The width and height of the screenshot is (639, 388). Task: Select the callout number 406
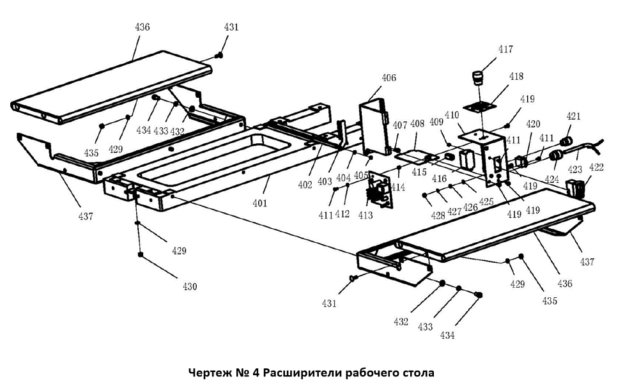point(389,78)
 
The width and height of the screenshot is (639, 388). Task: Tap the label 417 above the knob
point(505,49)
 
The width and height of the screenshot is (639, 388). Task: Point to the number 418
point(516,76)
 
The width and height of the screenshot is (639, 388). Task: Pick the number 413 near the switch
point(366,215)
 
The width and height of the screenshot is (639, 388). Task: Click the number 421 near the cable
point(574,116)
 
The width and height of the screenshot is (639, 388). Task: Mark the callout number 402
point(305,185)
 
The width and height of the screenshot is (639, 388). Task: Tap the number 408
point(417,124)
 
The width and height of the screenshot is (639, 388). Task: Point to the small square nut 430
point(139,255)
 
